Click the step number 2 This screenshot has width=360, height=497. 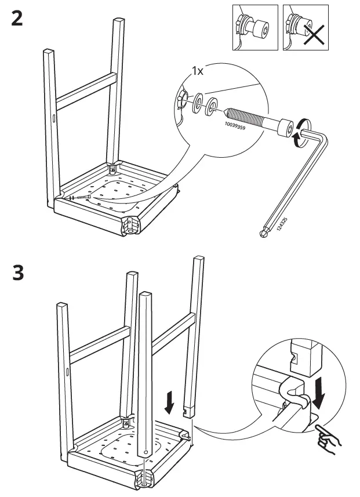tap(17, 19)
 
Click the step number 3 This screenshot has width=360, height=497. tap(17, 272)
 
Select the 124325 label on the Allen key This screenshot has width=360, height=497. tap(282, 223)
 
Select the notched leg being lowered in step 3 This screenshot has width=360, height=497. tap(192, 336)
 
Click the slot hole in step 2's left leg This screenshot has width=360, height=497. tap(53, 119)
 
